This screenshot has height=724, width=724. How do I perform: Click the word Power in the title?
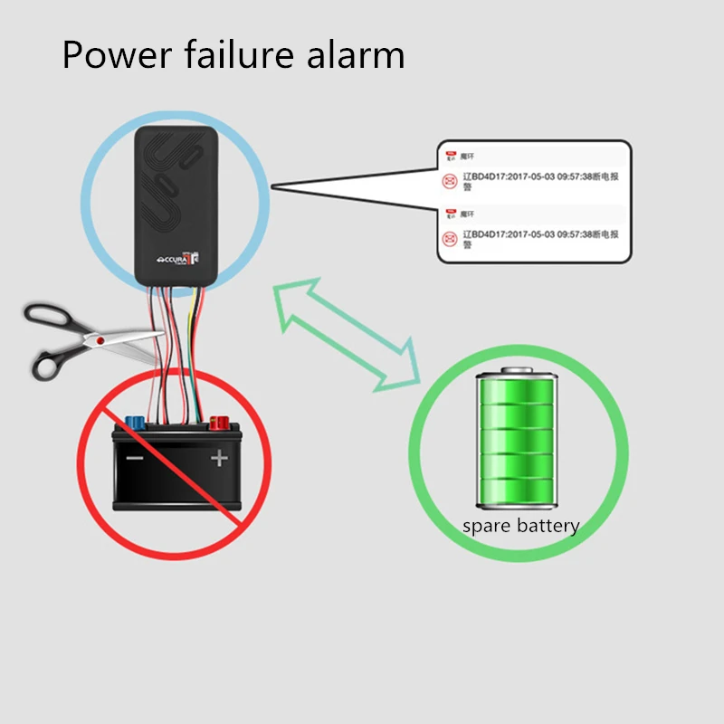tap(115, 56)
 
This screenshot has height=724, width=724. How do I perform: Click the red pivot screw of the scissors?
tap(100, 338)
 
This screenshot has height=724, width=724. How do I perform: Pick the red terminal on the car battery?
tap(218, 422)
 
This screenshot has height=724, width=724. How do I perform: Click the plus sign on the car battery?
tap(219, 458)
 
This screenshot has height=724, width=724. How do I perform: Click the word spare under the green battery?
tap(486, 527)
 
